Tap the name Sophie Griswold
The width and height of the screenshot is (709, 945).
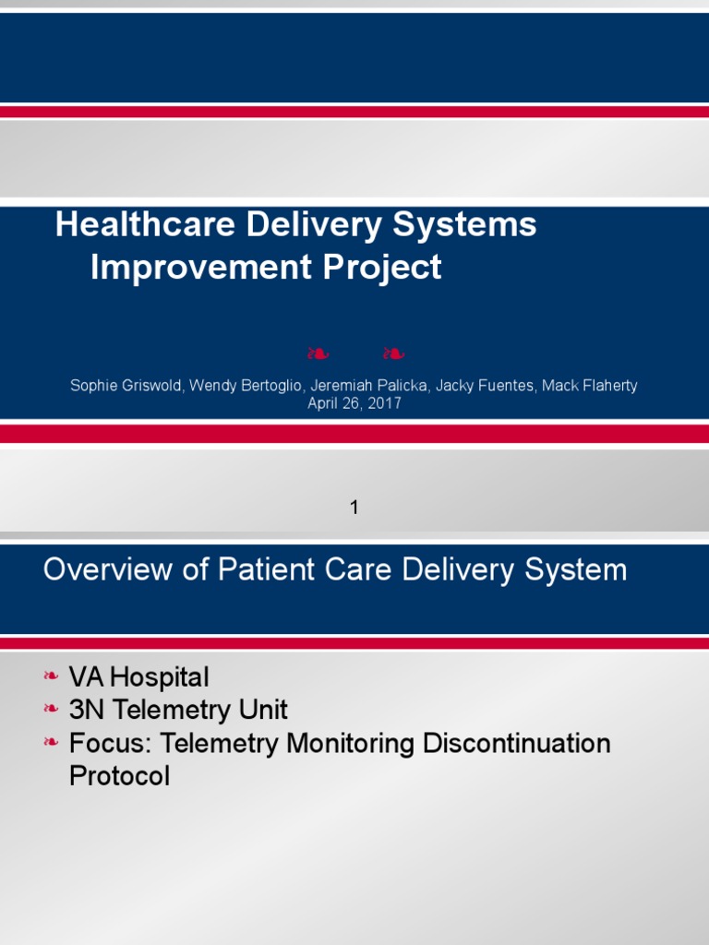click(x=126, y=386)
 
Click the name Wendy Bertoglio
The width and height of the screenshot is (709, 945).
click(x=243, y=386)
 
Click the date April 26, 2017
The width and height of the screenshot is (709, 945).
click(x=354, y=403)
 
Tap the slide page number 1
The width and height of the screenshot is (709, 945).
click(x=354, y=507)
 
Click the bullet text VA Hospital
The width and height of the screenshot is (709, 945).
click(x=139, y=677)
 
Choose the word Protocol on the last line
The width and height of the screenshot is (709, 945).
click(x=120, y=777)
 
